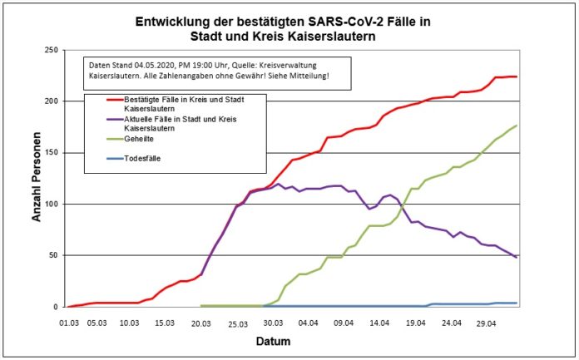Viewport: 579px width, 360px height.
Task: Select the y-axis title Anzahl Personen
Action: (37, 180)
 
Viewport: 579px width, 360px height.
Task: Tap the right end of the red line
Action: (517, 76)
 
